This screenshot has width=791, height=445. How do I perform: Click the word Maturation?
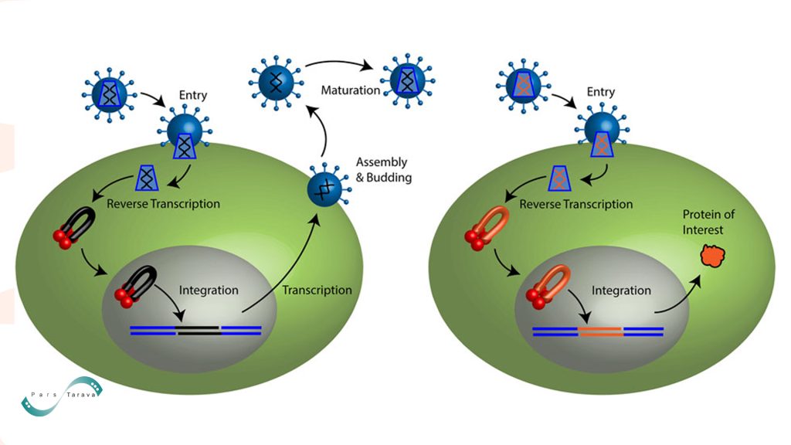point(350,90)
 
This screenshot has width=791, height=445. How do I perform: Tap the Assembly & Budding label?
point(381,169)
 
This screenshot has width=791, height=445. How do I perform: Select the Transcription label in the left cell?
point(317,290)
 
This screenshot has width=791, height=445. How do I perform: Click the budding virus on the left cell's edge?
point(324,189)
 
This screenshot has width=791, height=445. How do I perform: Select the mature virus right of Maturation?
point(406,80)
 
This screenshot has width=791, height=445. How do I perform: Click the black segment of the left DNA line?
point(198,331)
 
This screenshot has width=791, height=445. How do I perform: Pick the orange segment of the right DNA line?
point(600,331)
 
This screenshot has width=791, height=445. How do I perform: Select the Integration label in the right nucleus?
point(621,291)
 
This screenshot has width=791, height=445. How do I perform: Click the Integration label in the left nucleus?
point(209,291)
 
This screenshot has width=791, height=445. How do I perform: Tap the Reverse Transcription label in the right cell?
point(575,205)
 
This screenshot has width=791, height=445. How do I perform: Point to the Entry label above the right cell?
point(600,92)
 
